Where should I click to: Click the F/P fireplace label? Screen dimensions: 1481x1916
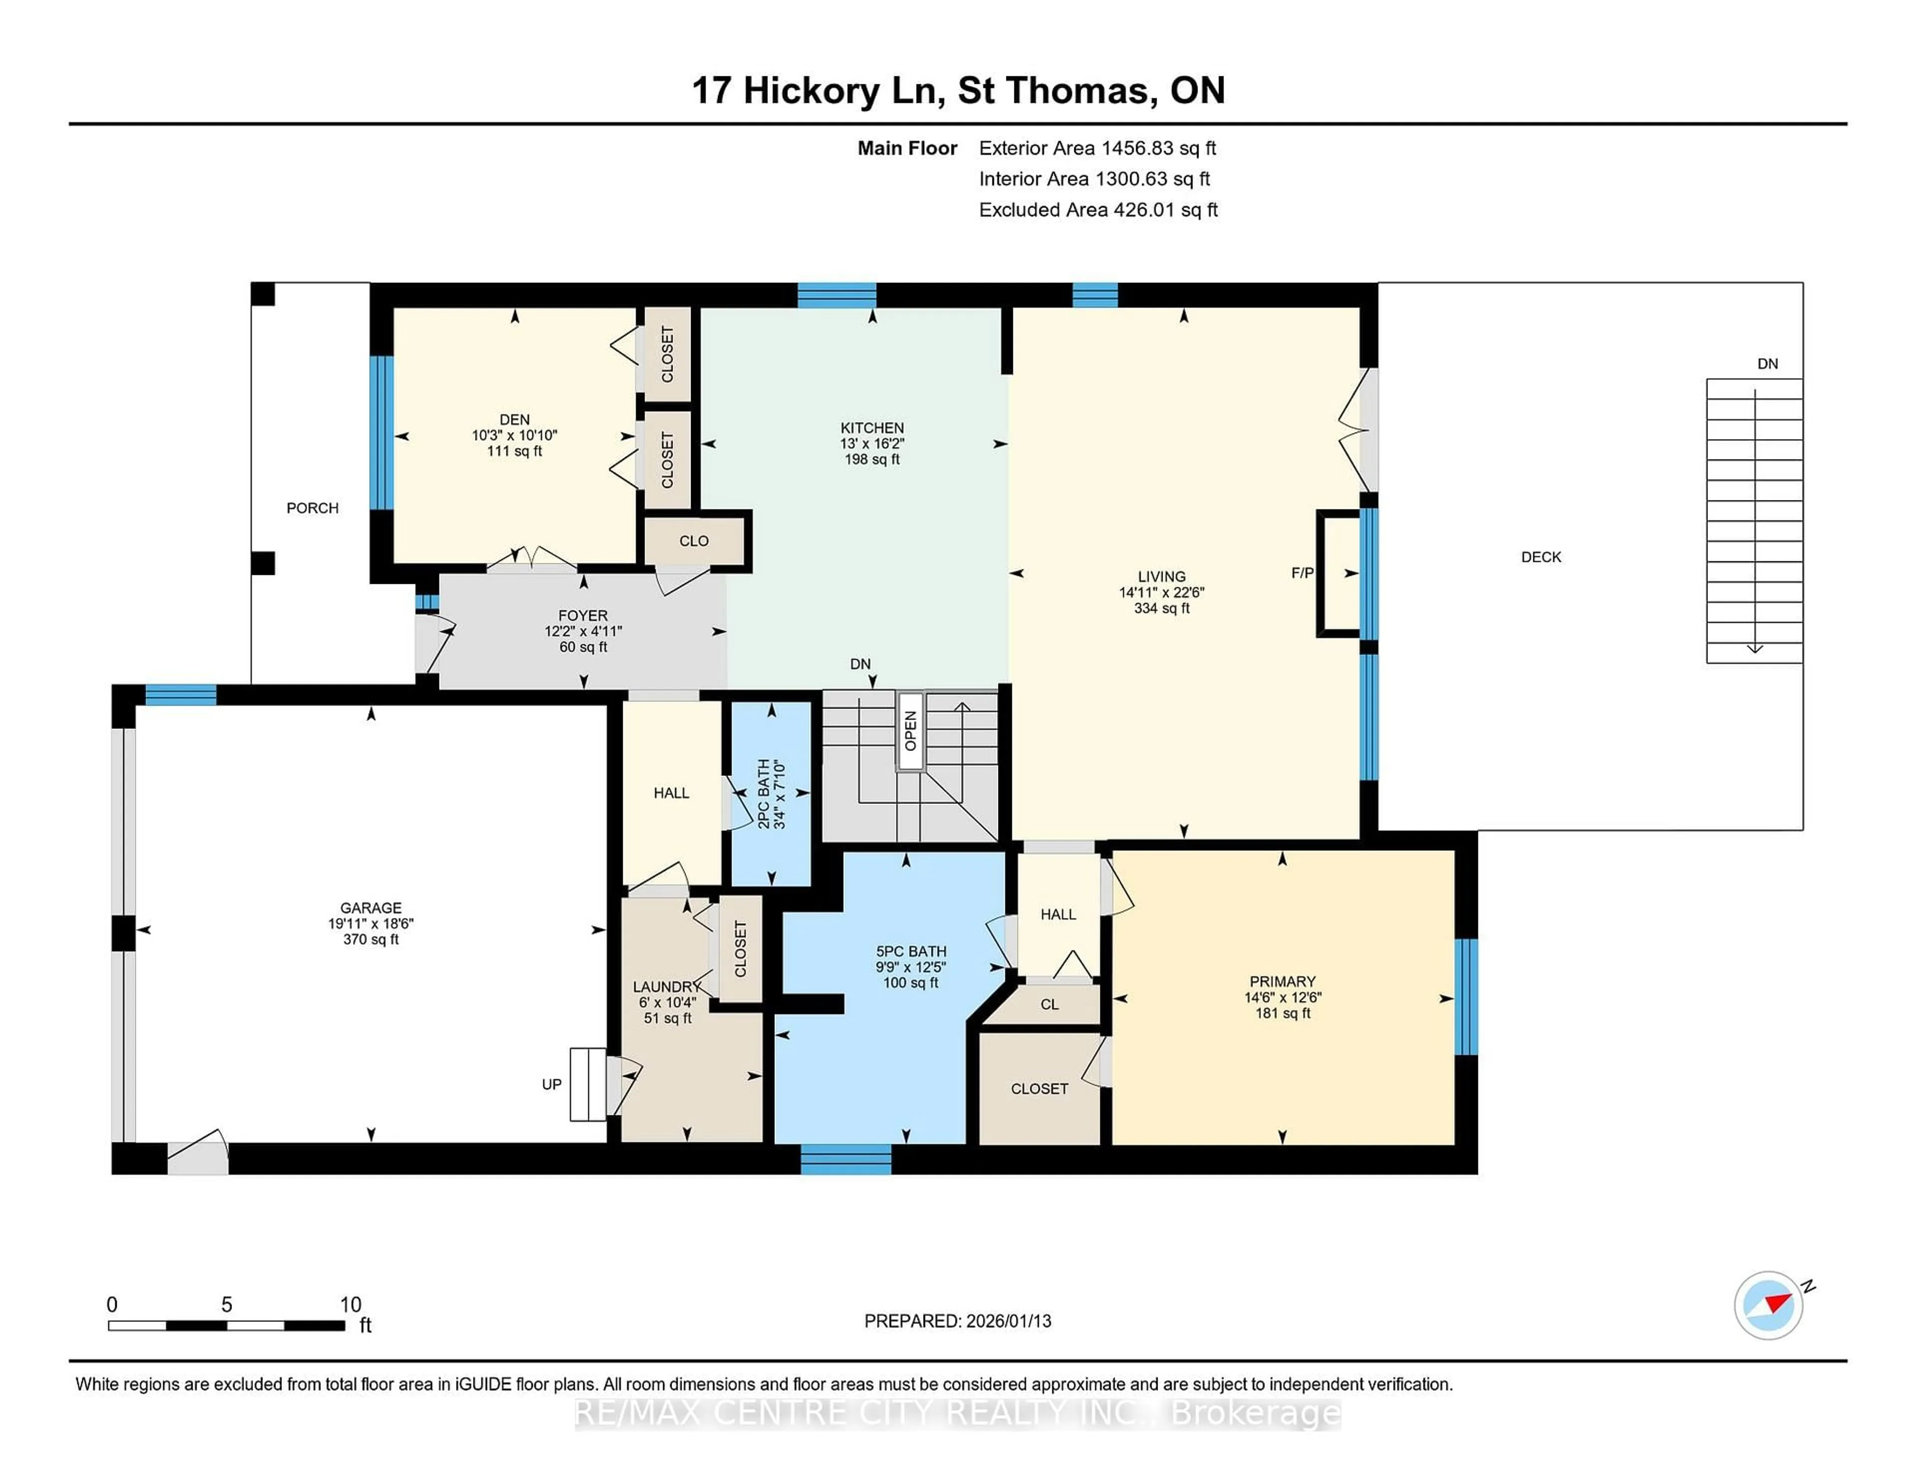1302,573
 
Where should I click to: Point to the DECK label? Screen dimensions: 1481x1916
1540,557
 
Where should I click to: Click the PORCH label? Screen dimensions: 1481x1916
312,508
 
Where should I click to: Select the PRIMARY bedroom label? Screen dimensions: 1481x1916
1282,981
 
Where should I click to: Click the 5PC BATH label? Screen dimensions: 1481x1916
911,951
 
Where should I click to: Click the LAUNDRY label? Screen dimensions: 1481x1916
666,987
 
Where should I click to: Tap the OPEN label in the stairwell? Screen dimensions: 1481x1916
911,731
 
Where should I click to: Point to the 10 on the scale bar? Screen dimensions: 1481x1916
350,1305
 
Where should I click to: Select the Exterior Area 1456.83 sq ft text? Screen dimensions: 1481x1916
1097,148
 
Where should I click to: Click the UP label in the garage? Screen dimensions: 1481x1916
551,1084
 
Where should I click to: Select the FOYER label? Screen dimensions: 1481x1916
582,616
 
